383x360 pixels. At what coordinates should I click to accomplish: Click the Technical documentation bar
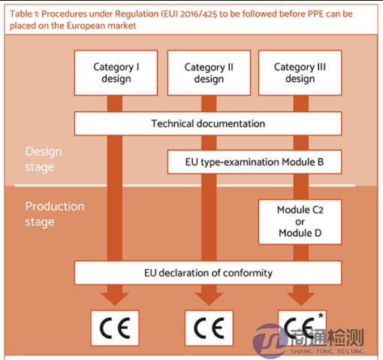208,123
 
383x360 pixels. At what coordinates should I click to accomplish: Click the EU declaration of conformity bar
208,273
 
